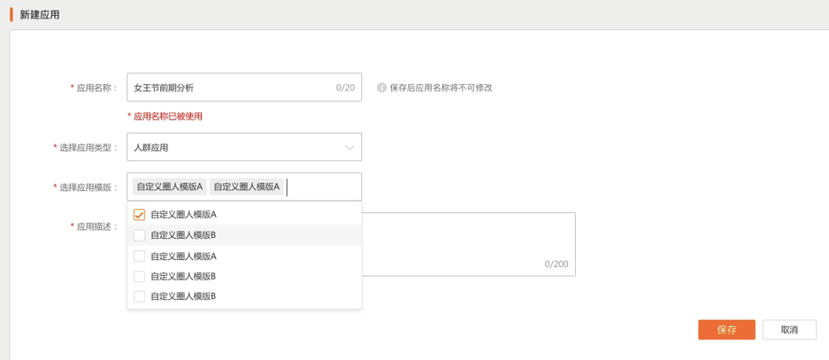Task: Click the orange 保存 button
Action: pos(726,330)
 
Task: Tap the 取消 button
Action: pos(789,330)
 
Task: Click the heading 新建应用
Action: pos(40,15)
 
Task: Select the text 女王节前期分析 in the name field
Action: pos(164,88)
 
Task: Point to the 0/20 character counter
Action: pos(345,88)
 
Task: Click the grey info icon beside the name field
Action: pos(382,88)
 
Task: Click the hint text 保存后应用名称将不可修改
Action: pos(441,88)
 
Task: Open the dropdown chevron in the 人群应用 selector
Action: pos(349,147)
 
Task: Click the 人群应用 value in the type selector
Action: pos(151,148)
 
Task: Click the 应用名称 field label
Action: pos(96,88)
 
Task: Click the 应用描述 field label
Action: pos(96,226)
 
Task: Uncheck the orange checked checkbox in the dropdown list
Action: pos(139,215)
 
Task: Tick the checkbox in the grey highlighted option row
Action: pos(139,235)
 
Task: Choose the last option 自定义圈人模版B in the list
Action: pos(183,296)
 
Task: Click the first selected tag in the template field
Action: pos(169,187)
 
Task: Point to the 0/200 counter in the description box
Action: pos(557,264)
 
